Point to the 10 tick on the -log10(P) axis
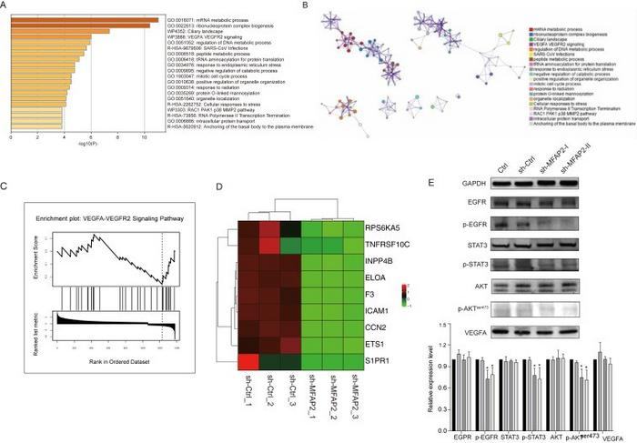(143, 138)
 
